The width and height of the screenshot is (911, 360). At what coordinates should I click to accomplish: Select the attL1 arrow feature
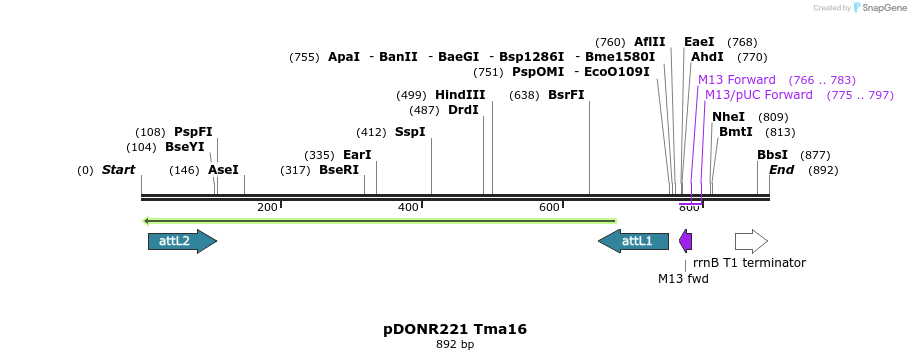(x=633, y=241)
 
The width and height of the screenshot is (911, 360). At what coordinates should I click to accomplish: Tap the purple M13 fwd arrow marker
(x=685, y=241)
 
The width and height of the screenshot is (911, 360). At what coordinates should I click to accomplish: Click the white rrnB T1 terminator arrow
(x=751, y=241)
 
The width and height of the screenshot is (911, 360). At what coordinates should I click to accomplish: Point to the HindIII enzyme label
(x=460, y=95)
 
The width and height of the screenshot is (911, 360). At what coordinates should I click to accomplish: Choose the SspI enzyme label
(x=410, y=132)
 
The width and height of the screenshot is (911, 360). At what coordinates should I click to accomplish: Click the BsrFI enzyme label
(x=566, y=95)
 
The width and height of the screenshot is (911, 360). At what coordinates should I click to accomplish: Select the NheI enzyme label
(x=728, y=117)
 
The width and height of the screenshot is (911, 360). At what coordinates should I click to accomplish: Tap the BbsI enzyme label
(x=772, y=155)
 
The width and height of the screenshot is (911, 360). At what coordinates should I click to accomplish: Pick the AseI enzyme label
(x=223, y=170)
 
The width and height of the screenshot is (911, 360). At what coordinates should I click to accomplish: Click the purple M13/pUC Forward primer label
(x=759, y=95)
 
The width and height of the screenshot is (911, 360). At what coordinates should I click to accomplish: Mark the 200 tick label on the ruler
(x=267, y=207)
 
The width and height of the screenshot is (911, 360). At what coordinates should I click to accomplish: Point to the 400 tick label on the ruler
(x=408, y=207)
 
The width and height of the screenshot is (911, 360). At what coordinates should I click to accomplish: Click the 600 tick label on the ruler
(x=549, y=207)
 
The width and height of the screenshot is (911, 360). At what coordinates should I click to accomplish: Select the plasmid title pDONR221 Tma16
(x=455, y=329)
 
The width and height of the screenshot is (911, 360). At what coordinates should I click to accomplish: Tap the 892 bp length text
(x=455, y=345)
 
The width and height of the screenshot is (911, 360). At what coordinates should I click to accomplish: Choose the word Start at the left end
(x=118, y=170)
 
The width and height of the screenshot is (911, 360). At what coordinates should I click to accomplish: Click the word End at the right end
(x=781, y=170)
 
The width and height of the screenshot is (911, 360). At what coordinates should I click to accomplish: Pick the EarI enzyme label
(x=357, y=155)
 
